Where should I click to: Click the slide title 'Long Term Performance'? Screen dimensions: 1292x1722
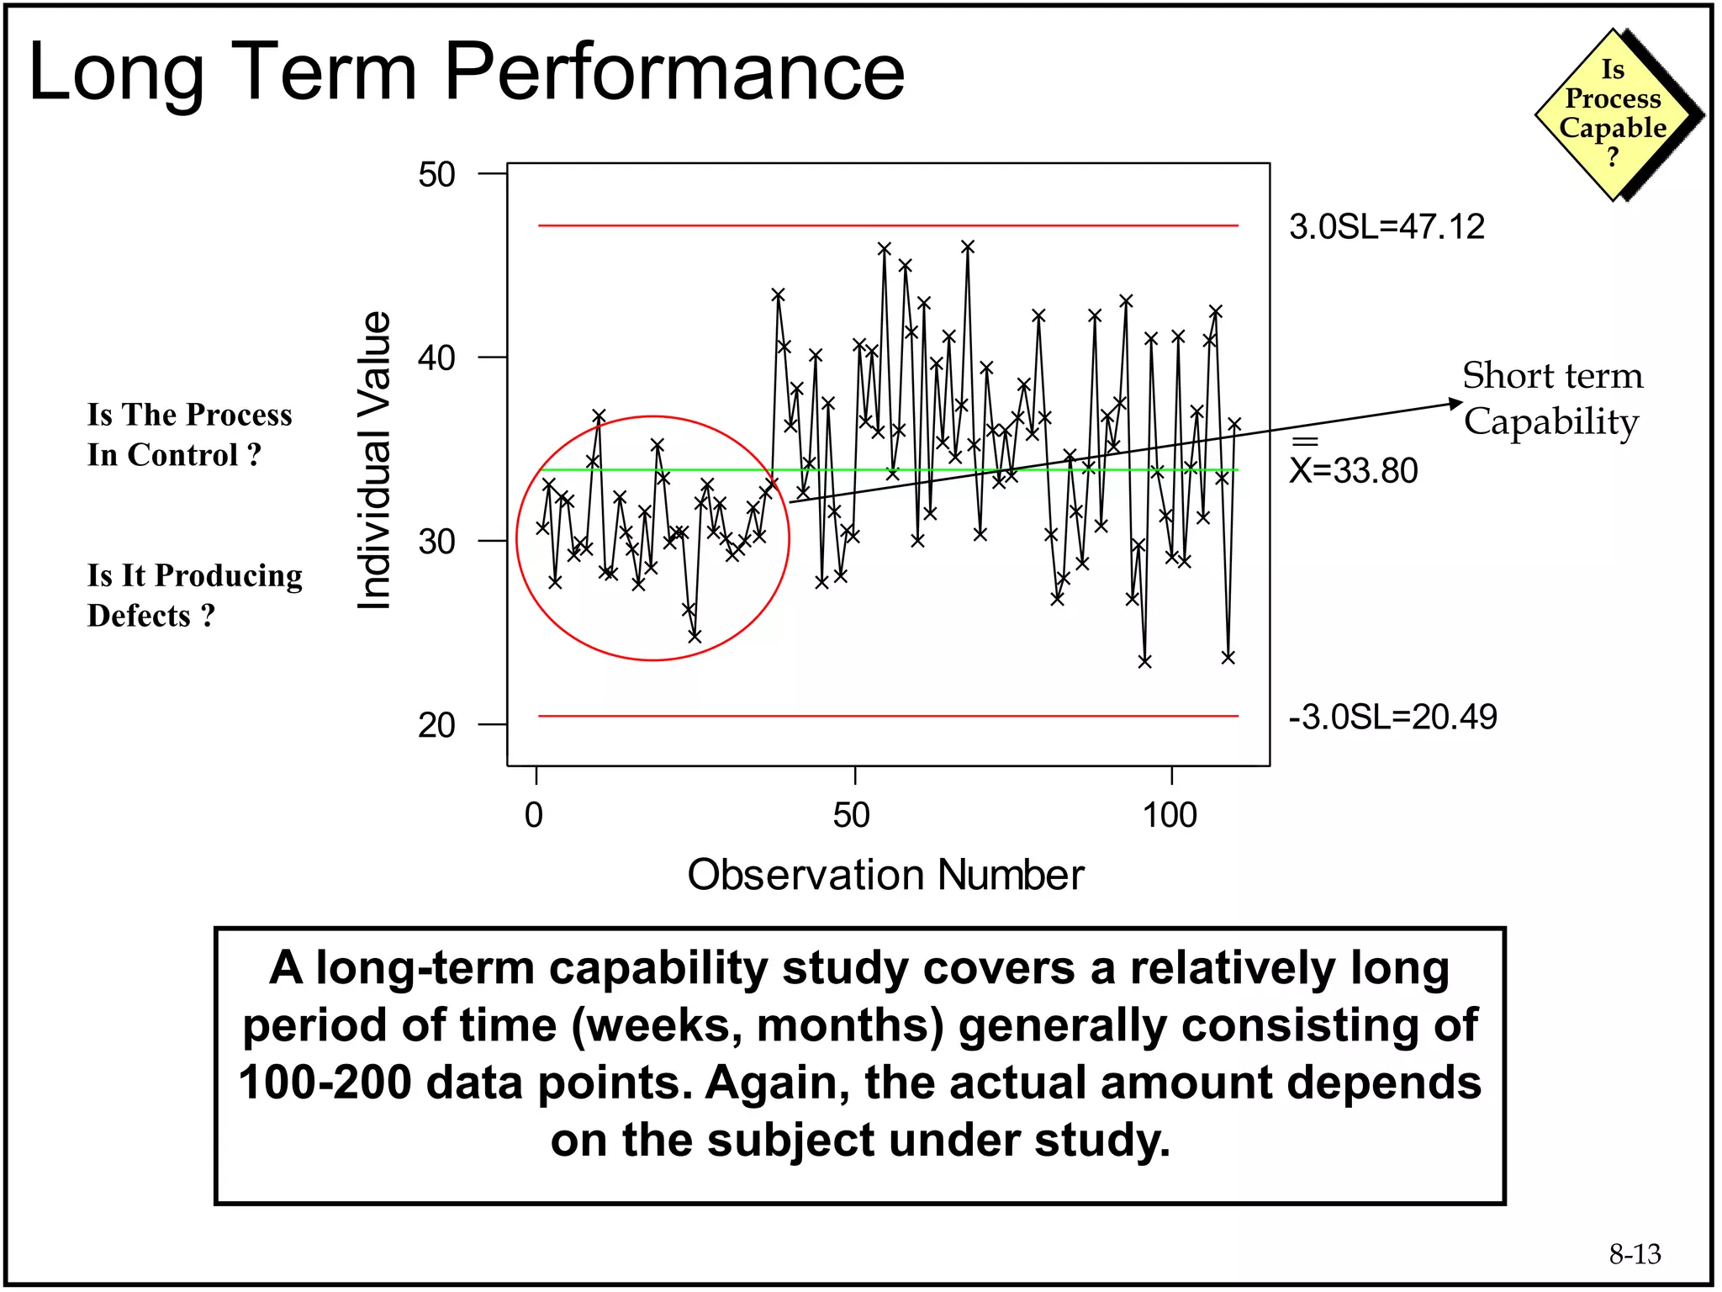pos(467,72)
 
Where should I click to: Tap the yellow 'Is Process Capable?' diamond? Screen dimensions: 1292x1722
pos(1612,114)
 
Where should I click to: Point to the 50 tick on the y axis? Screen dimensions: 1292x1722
pos(437,175)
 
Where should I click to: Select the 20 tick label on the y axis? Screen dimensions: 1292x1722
pos(437,724)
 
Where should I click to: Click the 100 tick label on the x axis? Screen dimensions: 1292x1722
pos(1170,815)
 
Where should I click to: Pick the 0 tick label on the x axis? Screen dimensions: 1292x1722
pos(534,815)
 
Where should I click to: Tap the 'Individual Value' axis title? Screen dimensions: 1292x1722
pos(374,460)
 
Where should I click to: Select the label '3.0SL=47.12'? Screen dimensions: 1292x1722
pos(1387,227)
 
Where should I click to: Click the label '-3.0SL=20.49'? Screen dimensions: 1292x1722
pos(1392,717)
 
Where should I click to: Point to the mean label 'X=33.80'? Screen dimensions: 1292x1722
pos(1354,469)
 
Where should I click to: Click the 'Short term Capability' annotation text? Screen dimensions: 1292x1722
pos(1552,398)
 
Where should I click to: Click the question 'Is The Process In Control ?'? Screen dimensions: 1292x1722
pos(189,435)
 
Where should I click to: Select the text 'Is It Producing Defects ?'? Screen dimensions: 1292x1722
pos(194,596)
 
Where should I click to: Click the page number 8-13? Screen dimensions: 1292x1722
pos(1635,1254)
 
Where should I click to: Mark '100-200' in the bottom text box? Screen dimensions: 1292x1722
pos(325,1083)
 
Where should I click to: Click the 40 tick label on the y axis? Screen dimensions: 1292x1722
pos(437,358)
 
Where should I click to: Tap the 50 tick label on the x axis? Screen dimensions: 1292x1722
pos(851,815)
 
